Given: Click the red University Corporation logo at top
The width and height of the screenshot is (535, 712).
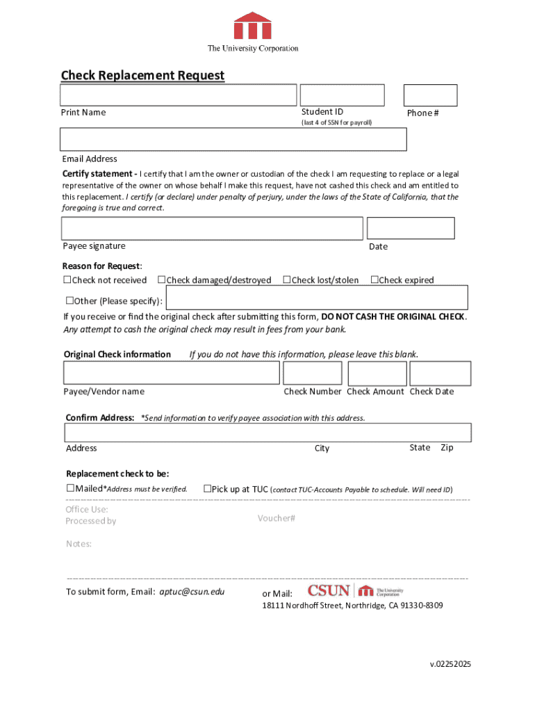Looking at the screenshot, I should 252,26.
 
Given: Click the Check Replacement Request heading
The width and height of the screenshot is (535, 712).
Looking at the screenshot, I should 142,75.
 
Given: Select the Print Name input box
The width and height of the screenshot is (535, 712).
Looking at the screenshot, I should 179,95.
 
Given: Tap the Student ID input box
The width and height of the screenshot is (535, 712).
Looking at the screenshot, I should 342,95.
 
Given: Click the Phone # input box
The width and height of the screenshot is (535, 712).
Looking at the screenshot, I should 431,95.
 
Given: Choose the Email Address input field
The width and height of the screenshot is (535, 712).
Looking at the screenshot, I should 233,139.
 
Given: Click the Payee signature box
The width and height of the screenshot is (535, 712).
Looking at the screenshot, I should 212,228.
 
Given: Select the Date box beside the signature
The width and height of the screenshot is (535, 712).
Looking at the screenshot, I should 411,228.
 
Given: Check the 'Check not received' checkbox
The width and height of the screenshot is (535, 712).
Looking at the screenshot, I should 67,280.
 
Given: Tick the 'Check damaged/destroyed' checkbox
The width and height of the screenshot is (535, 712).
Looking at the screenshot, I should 161,280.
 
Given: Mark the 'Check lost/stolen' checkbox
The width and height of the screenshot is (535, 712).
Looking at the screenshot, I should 286,280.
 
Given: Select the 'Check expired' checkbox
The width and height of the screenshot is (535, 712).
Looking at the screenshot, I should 374,280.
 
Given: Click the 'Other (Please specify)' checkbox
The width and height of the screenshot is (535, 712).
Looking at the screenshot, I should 69,301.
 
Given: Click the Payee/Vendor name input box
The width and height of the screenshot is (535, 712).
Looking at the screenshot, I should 172,373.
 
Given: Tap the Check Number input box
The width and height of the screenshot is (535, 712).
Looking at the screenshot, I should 313,373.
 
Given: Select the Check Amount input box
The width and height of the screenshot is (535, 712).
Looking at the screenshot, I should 377,373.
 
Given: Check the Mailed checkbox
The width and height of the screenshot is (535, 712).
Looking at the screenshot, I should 70,489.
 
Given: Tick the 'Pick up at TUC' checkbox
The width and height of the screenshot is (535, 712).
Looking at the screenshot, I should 207,489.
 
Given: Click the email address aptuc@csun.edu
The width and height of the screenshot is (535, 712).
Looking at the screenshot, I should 192,592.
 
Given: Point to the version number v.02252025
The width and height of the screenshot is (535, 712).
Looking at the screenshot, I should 450,664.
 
